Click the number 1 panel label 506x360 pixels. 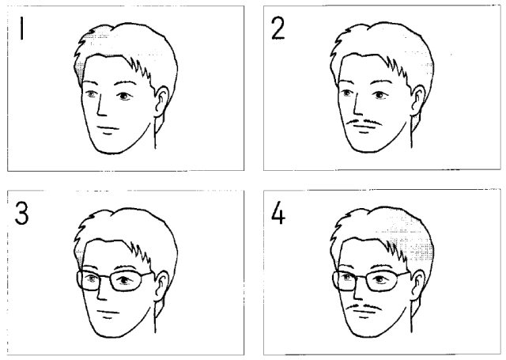coord(21,28)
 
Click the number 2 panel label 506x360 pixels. coord(278,28)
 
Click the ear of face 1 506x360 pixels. coord(161,101)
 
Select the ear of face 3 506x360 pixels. coord(161,286)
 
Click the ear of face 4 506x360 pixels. coord(417,286)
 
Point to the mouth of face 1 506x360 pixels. coord(108,128)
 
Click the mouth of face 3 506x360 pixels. coord(108,313)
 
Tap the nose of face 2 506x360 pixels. coord(357,106)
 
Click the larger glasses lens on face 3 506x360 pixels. coord(126,281)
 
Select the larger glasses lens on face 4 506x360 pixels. coord(382,281)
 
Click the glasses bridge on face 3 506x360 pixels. coord(104,276)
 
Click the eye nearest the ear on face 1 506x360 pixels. coord(124,96)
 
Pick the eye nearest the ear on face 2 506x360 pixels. coord(379,95)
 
